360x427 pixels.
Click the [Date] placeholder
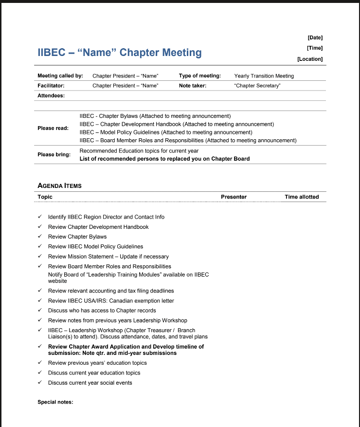click(x=315, y=37)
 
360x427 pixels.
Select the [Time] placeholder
click(x=315, y=48)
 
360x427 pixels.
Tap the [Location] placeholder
click(x=310, y=59)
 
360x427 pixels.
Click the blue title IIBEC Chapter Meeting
click(x=120, y=53)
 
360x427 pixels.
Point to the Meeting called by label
click(x=60, y=76)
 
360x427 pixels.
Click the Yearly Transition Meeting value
click(x=264, y=76)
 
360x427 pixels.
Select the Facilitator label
click(x=51, y=86)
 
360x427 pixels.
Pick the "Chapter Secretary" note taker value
click(x=257, y=86)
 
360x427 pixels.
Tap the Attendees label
click(x=51, y=95)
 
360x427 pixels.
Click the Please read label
click(x=53, y=128)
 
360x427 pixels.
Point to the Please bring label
click(x=54, y=154)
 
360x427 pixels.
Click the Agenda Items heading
click(x=59, y=186)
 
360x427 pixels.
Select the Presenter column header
click(x=234, y=197)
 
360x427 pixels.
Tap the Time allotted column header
click(x=302, y=197)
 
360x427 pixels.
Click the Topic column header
click(x=45, y=197)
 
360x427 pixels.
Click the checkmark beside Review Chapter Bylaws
click(x=40, y=237)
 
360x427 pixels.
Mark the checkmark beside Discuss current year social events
click(x=40, y=383)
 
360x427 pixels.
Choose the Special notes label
click(x=55, y=402)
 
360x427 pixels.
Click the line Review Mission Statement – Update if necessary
click(x=108, y=257)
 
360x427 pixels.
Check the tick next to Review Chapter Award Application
click(x=40, y=347)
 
